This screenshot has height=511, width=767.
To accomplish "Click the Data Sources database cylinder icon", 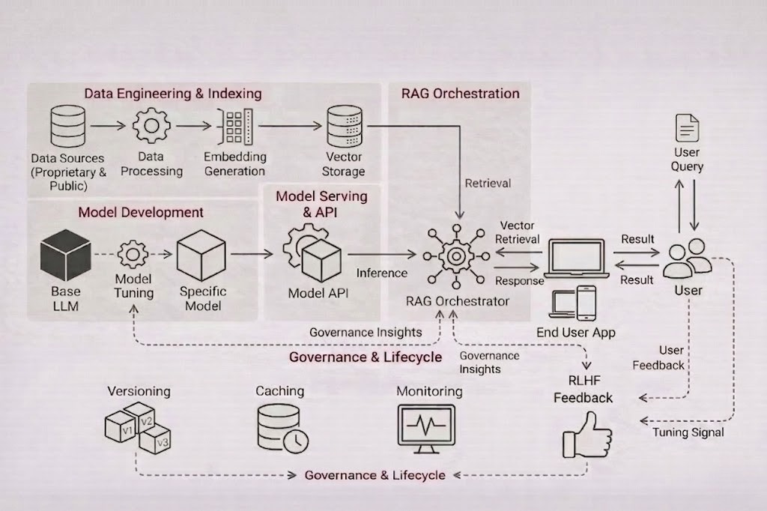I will pyautogui.click(x=67, y=126).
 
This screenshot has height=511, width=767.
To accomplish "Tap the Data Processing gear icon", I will pyautogui.click(x=151, y=125).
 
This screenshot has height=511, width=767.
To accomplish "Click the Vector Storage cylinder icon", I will pyautogui.click(x=345, y=126).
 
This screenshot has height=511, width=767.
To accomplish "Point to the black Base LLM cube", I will pyautogui.click(x=66, y=255).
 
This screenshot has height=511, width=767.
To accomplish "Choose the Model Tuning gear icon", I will pyautogui.click(x=133, y=255).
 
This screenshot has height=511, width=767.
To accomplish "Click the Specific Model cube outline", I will pyautogui.click(x=201, y=255).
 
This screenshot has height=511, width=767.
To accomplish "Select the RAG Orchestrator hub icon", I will pyautogui.click(x=455, y=255).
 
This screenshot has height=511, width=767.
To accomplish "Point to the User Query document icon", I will pyautogui.click(x=687, y=128).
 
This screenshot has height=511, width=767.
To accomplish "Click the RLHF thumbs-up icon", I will pyautogui.click(x=586, y=435).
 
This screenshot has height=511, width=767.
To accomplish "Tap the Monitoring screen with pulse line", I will pyautogui.click(x=427, y=428).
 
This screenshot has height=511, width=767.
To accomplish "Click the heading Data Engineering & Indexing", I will pyautogui.click(x=172, y=94).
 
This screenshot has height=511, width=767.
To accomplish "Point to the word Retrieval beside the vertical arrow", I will pyautogui.click(x=488, y=183).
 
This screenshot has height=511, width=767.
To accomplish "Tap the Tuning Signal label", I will pyautogui.click(x=688, y=432).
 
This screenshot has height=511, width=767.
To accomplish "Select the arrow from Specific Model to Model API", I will pyautogui.click(x=251, y=255).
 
